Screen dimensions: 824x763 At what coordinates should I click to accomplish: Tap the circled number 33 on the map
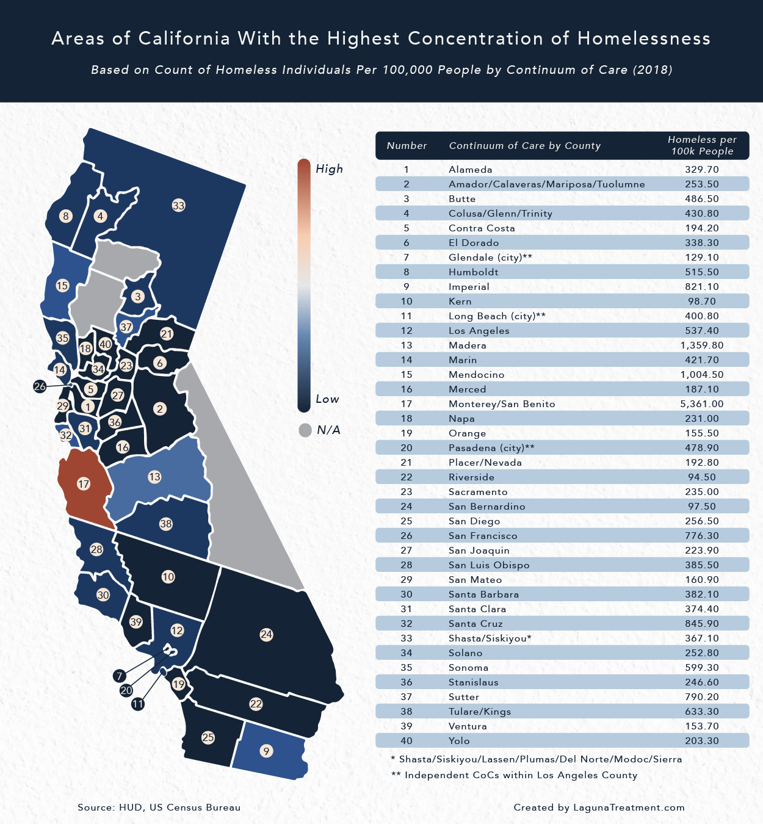click(178, 206)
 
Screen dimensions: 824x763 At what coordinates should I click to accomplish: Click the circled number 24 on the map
click(266, 635)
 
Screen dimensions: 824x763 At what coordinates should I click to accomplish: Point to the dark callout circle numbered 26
click(40, 386)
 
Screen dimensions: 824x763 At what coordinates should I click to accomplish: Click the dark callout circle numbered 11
click(138, 704)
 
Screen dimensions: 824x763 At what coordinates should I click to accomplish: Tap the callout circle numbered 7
click(120, 676)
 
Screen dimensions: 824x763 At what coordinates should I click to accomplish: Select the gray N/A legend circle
click(305, 430)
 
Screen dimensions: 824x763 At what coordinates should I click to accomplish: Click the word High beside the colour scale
click(329, 169)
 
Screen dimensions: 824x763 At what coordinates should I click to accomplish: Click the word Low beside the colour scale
click(327, 399)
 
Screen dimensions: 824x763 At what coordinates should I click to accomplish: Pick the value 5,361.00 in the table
click(702, 404)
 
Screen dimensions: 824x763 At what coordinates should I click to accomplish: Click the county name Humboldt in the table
click(474, 272)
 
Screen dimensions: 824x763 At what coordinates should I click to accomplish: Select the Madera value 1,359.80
click(702, 345)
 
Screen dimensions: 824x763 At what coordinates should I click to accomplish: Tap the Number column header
click(407, 146)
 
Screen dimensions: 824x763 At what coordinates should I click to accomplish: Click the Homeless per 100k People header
click(702, 146)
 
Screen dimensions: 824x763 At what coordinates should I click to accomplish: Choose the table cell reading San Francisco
click(483, 536)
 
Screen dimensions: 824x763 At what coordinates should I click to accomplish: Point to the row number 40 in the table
click(407, 741)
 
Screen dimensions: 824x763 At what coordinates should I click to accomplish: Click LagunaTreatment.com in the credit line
click(629, 808)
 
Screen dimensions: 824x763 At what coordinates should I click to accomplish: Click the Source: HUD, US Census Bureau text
click(159, 808)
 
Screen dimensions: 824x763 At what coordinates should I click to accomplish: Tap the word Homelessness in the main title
click(644, 38)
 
